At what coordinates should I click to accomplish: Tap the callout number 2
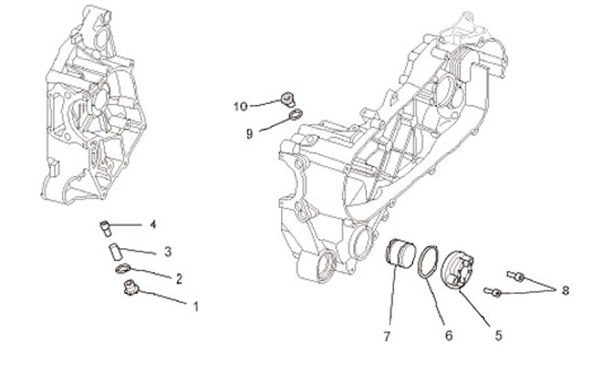[180, 279]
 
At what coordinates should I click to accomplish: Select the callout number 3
[168, 252]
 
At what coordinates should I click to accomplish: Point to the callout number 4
[152, 225]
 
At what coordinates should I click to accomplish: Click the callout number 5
[489, 324]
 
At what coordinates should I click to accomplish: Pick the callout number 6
[448, 334]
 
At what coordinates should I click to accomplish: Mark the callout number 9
[250, 134]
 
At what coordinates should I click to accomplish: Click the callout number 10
[241, 107]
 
